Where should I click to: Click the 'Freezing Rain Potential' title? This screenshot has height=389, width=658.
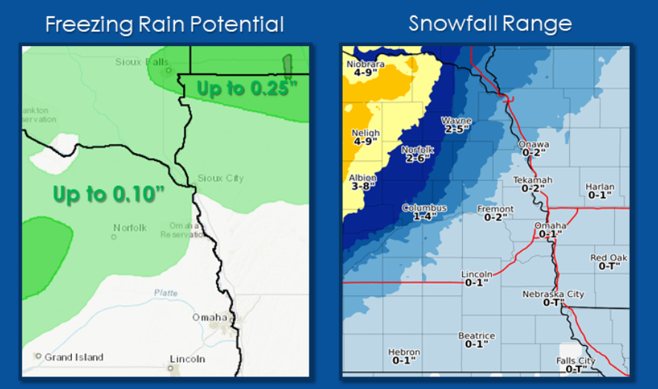click(x=164, y=24)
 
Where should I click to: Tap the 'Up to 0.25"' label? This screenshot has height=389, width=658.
click(x=247, y=88)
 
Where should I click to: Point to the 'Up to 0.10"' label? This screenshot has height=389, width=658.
click(x=108, y=194)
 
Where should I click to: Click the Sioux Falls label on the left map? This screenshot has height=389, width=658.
click(x=142, y=62)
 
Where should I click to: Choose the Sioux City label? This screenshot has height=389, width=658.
click(x=220, y=178)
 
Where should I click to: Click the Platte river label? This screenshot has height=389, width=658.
click(x=165, y=293)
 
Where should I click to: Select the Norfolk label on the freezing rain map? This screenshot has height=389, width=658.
click(x=130, y=228)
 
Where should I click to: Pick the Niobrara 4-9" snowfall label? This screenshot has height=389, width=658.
click(x=366, y=68)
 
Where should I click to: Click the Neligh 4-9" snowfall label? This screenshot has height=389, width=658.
click(x=365, y=137)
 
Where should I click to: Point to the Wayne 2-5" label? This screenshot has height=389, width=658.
click(x=456, y=124)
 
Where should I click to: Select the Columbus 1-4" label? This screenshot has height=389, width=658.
click(x=424, y=212)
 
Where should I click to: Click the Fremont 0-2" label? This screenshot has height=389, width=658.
click(x=495, y=213)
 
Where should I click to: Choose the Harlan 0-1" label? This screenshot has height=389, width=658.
click(x=599, y=191)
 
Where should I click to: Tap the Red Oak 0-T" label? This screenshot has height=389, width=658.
click(x=609, y=261)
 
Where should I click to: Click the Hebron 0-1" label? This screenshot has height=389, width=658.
click(x=404, y=356)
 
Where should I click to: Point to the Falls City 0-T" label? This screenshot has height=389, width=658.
click(x=576, y=365)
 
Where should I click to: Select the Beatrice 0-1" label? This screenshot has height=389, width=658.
click(x=476, y=340)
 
